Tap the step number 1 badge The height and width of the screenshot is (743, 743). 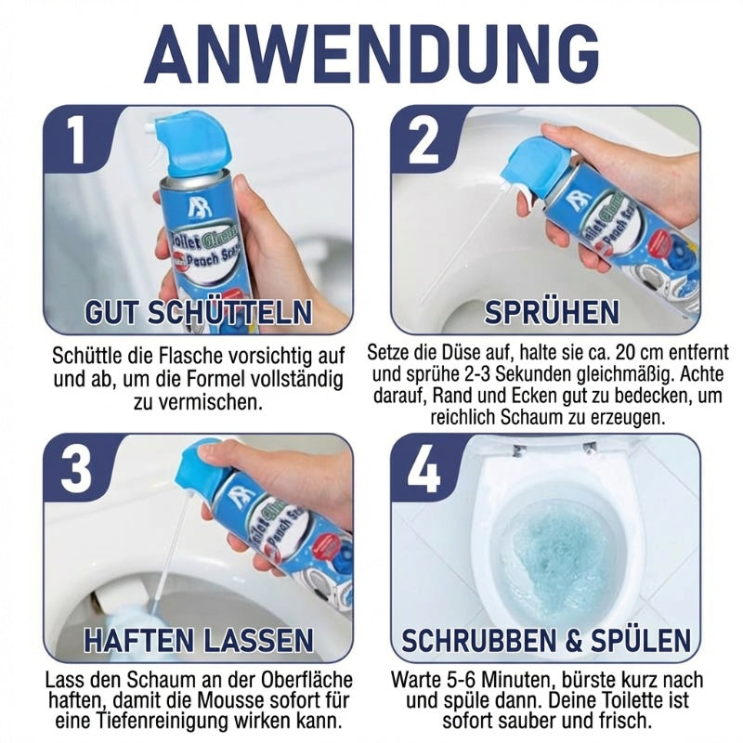[75, 140]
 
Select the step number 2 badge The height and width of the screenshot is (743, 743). [423, 140]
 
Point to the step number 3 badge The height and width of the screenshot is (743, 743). [76, 467]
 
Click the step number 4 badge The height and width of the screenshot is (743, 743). [424, 467]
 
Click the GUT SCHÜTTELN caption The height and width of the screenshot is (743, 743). [198, 312]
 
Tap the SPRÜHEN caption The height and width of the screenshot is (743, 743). [552, 312]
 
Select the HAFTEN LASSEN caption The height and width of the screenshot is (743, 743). [198, 639]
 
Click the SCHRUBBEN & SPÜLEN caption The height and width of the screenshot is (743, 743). [546, 639]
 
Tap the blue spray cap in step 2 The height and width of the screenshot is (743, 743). [541, 163]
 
